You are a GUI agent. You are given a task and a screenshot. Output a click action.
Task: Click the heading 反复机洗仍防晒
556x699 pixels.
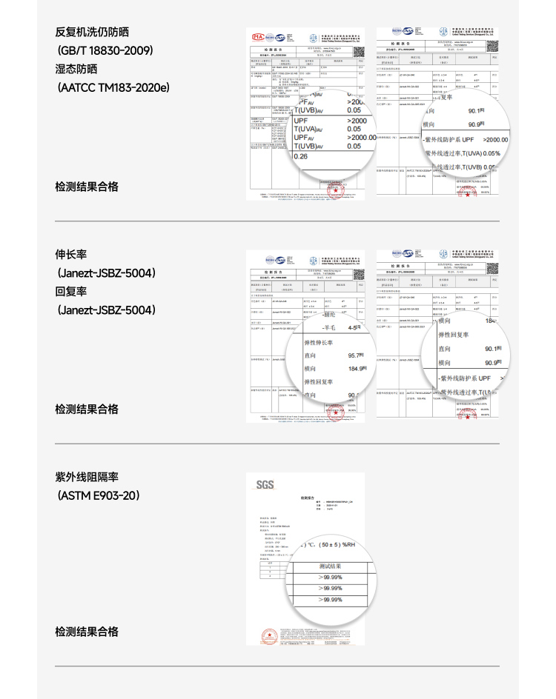92,32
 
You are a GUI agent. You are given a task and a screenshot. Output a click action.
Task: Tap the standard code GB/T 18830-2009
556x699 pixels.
105,50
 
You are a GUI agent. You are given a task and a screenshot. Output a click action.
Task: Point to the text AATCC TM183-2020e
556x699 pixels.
113,87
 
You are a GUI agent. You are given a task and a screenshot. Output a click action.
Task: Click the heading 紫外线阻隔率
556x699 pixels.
87,476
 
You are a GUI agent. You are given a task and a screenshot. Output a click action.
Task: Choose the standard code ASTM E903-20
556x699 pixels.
99,495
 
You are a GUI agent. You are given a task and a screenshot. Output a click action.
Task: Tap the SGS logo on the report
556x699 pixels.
265,485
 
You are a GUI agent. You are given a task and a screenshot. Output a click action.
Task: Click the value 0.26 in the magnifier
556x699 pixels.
301,156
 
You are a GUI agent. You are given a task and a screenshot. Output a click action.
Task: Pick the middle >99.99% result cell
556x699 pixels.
330,588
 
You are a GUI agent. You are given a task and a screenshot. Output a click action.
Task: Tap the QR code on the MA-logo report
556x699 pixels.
358,53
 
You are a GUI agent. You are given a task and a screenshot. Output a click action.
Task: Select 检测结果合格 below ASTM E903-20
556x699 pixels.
87,632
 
